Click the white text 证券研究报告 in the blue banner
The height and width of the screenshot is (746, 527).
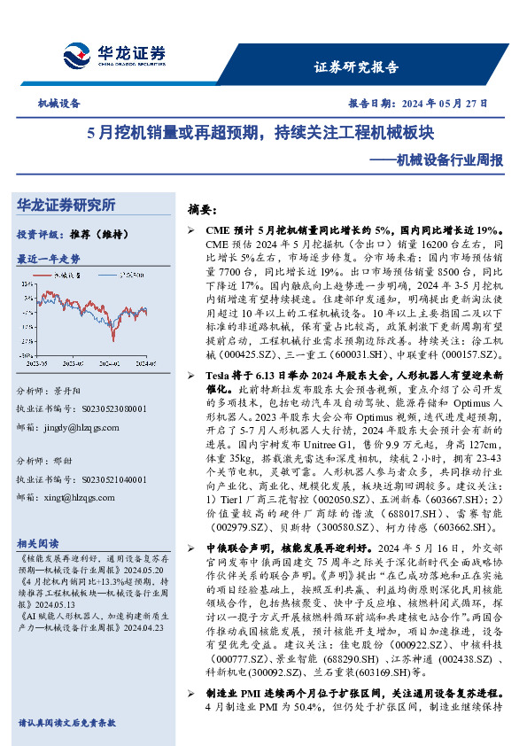pos(357,66)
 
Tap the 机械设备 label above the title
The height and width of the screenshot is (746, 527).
pos(58,104)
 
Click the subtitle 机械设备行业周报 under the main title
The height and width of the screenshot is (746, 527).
pos(436,160)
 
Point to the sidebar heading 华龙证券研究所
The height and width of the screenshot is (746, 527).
pos(66,205)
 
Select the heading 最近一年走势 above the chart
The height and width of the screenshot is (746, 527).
pos(49,259)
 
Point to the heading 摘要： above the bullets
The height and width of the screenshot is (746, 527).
pos(203,211)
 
